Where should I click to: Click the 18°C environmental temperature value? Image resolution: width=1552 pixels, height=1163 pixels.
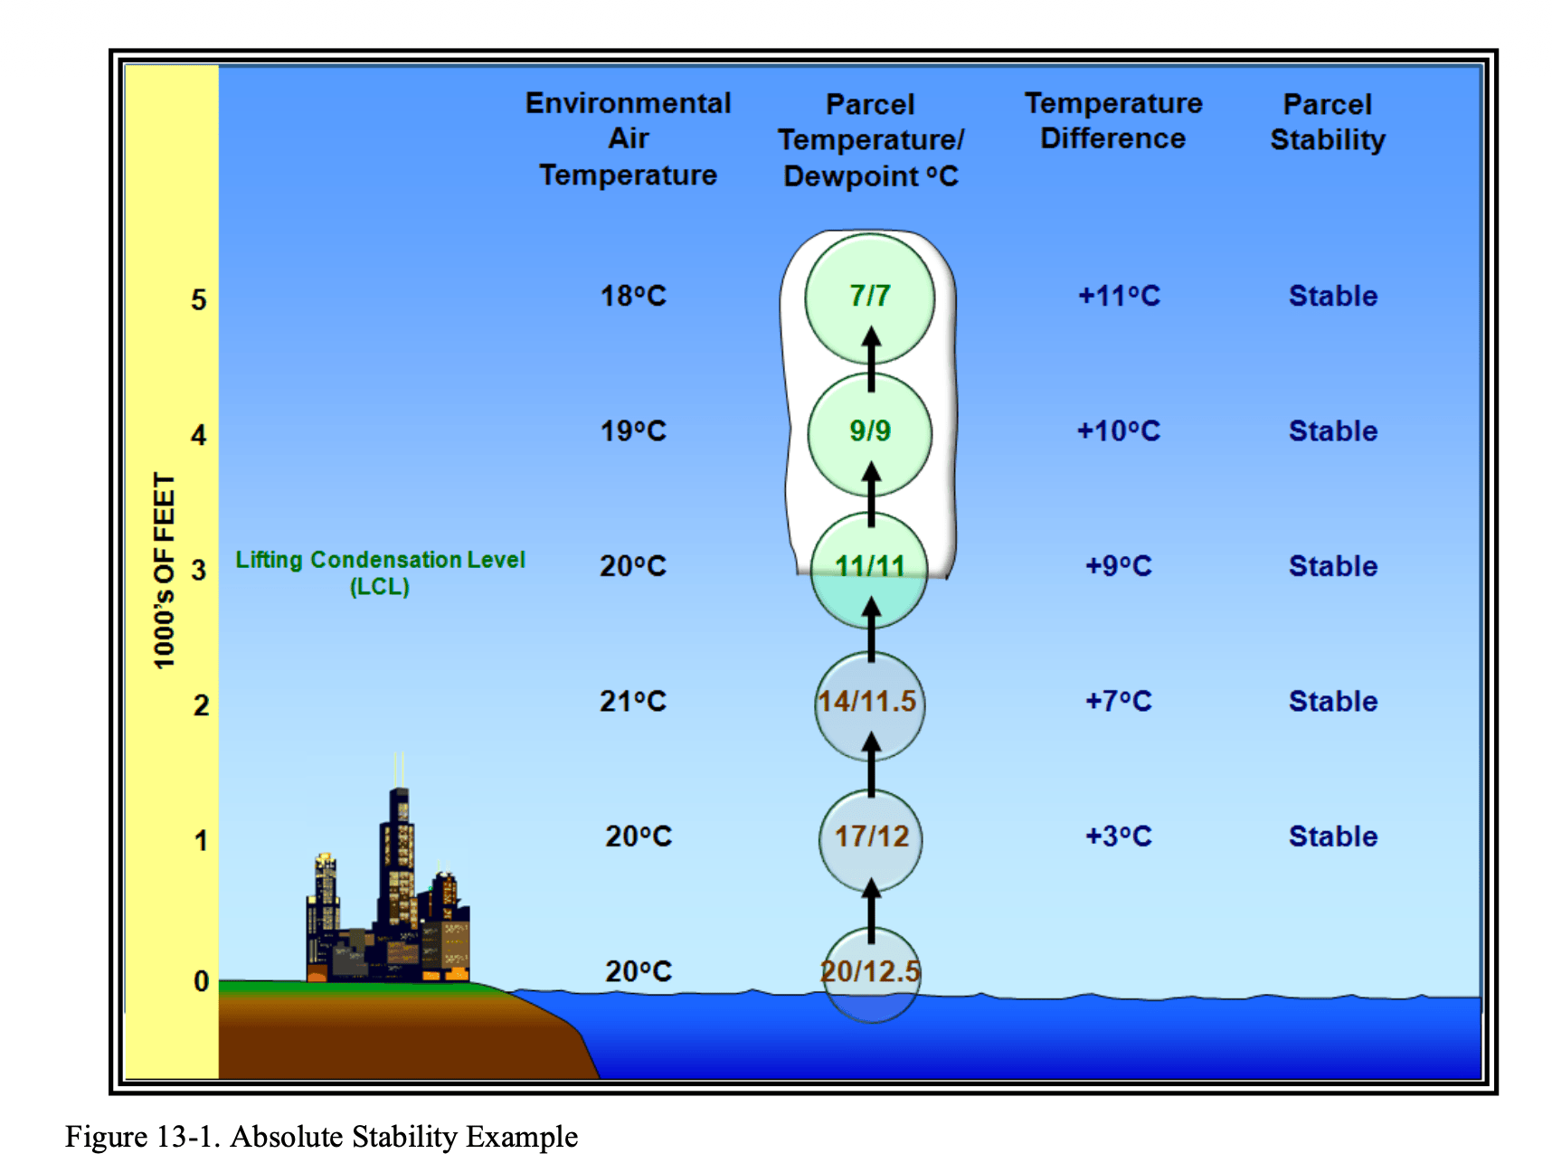click(633, 296)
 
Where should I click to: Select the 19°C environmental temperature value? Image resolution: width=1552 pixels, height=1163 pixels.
click(633, 430)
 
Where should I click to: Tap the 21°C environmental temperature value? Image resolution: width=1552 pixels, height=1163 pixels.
click(633, 701)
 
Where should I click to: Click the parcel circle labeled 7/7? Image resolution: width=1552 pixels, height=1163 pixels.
click(870, 298)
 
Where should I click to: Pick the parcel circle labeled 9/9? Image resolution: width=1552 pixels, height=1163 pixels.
click(870, 433)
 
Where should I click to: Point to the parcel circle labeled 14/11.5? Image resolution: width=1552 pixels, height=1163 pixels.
click(870, 705)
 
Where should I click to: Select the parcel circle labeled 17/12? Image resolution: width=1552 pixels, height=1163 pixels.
click(870, 840)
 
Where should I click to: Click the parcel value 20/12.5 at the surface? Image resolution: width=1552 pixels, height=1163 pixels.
click(870, 971)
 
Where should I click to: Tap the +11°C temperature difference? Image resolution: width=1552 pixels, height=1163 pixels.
click(1119, 296)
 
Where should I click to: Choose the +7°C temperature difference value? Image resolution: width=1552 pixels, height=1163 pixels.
click(1119, 701)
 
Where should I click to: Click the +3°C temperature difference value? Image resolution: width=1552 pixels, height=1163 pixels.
click(1119, 836)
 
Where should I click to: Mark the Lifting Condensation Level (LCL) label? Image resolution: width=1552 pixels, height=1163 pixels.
click(380, 572)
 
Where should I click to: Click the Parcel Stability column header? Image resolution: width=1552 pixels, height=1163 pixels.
click(1328, 122)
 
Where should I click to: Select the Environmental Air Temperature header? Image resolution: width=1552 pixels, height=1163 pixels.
click(629, 138)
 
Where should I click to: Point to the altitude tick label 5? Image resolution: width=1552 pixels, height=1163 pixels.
click(199, 299)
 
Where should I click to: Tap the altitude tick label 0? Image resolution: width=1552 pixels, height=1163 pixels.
click(201, 980)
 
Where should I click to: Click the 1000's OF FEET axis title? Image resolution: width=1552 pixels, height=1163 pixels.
click(164, 571)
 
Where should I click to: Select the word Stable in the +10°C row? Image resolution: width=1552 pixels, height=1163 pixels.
click(1333, 430)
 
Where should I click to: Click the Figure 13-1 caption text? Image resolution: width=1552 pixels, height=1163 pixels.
click(321, 1137)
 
